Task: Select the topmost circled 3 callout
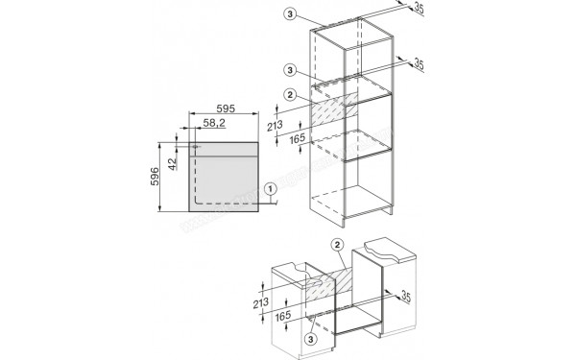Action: (x=291, y=15)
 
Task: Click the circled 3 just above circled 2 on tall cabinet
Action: (x=291, y=69)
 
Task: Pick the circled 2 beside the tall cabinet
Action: (x=291, y=94)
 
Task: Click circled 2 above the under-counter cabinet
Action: (x=338, y=246)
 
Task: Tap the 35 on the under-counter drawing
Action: (x=406, y=294)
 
